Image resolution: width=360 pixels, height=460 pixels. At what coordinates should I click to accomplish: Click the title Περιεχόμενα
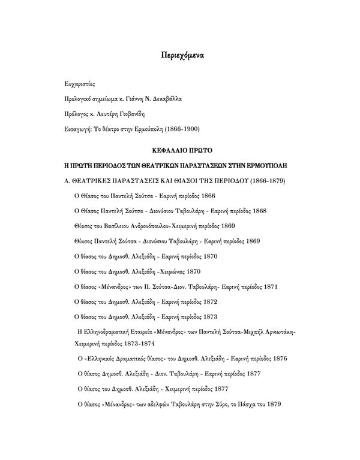pyautogui.click(x=184, y=55)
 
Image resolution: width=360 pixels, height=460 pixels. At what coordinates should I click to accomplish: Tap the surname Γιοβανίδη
pyautogui.click(x=130, y=113)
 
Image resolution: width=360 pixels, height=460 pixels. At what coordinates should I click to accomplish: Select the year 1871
pyautogui.click(x=268, y=286)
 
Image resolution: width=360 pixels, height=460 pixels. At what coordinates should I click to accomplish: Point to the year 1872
pyautogui.click(x=208, y=301)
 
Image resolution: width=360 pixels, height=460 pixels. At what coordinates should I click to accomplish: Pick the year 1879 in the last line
pyautogui.click(x=272, y=404)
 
